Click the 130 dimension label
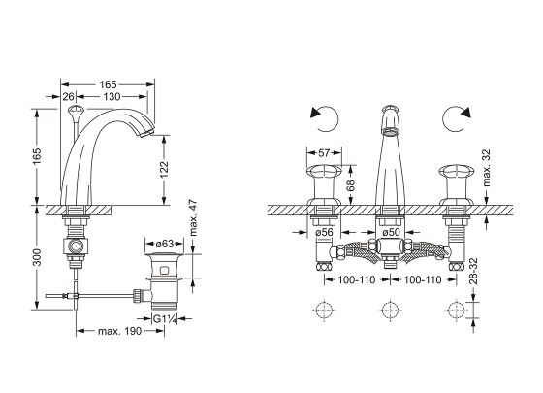[x=112, y=97]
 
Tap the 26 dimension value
[x=68, y=97]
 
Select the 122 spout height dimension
[x=164, y=170]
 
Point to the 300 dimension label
[x=37, y=257]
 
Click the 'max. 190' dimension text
[x=120, y=331]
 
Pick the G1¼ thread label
[x=165, y=318]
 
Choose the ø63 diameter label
[x=165, y=244]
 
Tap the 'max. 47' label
[x=193, y=217]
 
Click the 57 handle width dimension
[x=324, y=153]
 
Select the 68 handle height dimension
[x=350, y=185]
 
